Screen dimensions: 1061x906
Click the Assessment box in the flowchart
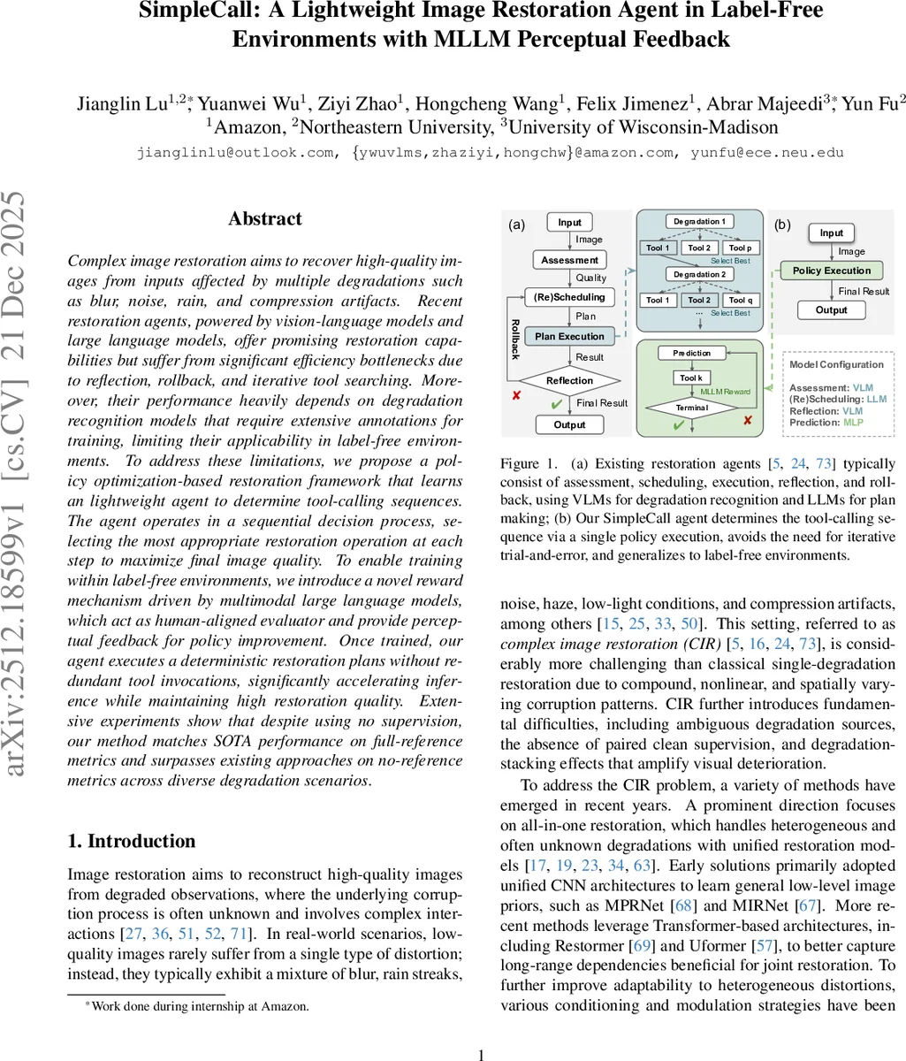pos(569,260)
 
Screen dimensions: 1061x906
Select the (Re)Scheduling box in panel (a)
pos(569,297)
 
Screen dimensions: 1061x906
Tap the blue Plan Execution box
pos(569,336)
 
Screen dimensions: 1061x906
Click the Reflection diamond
pos(569,380)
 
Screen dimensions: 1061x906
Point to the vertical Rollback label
pos(515,340)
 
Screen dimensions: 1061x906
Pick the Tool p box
pos(740,248)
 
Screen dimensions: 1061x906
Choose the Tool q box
pos(740,300)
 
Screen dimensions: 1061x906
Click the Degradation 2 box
pos(699,274)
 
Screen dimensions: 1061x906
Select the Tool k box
pos(691,378)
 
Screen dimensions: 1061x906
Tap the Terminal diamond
pos(692,408)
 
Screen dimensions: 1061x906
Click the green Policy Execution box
pos(831,271)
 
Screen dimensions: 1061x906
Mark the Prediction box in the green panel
pos(691,353)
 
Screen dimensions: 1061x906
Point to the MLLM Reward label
pos(726,391)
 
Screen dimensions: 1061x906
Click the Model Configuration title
pos(835,364)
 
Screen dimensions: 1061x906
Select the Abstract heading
pos(264,219)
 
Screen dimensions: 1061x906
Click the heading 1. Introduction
pos(132,841)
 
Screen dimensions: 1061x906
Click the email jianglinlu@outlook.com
pos(235,153)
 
